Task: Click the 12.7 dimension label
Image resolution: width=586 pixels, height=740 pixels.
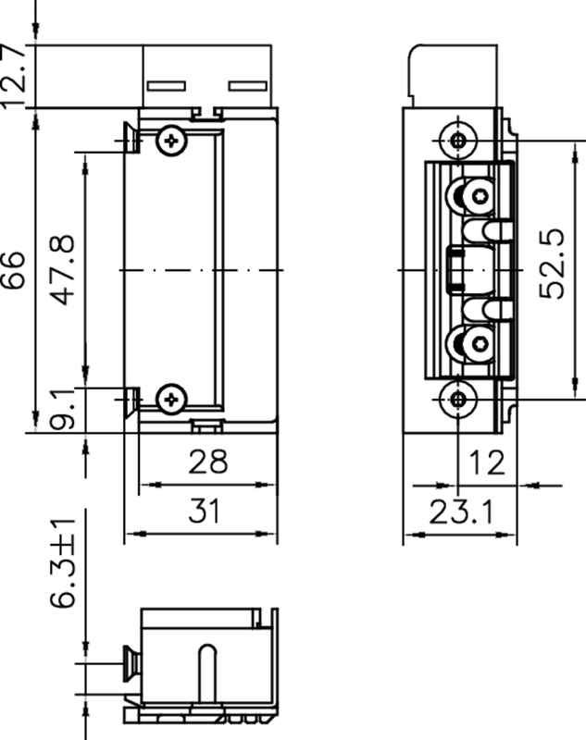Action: (16, 75)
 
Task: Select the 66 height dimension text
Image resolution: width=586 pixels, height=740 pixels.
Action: (16, 270)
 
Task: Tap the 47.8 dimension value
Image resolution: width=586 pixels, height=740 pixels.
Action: (63, 270)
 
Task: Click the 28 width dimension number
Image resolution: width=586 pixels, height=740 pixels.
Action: (206, 462)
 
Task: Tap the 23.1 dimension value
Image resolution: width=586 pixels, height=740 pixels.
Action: (460, 512)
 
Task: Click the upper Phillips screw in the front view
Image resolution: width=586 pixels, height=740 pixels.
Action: (171, 141)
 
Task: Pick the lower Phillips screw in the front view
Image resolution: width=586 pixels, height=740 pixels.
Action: (171, 400)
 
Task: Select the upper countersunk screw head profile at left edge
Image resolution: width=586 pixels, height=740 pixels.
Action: (131, 140)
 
